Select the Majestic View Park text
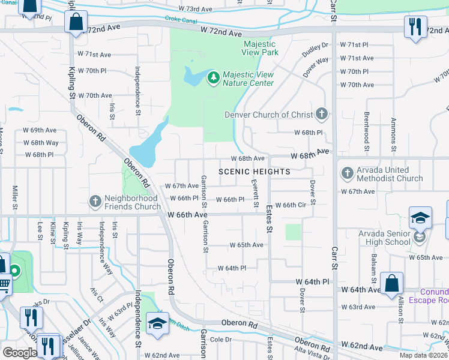261,48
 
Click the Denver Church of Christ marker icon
322,114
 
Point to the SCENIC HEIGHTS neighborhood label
255,172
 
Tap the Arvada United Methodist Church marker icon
347,174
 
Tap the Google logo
20,353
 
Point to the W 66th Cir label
298,205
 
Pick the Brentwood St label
366,130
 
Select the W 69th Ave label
40,130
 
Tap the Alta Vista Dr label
307,354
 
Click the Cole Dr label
220,340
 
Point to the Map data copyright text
423,355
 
